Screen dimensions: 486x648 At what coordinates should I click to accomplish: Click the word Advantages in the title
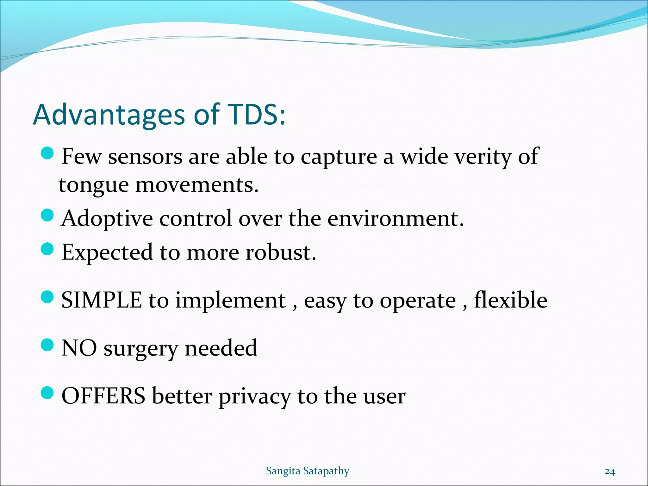[x=109, y=115]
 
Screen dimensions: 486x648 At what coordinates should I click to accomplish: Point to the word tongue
[x=93, y=185]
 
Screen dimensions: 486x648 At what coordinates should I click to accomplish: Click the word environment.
[x=395, y=219]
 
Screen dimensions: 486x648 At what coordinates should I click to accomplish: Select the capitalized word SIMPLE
[x=102, y=300]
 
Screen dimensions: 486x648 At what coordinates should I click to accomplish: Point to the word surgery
[x=141, y=349]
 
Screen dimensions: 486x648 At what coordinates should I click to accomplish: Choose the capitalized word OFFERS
[x=103, y=396]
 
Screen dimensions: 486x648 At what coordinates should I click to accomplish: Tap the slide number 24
[x=610, y=472]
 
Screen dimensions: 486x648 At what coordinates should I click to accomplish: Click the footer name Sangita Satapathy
[x=307, y=471]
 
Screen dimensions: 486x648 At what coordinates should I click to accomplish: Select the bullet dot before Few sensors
[x=48, y=153]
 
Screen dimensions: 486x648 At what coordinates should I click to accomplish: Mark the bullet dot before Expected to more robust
[x=48, y=249]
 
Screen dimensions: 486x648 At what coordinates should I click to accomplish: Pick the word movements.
[x=197, y=185]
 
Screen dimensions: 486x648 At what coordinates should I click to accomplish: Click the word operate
[x=418, y=301]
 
